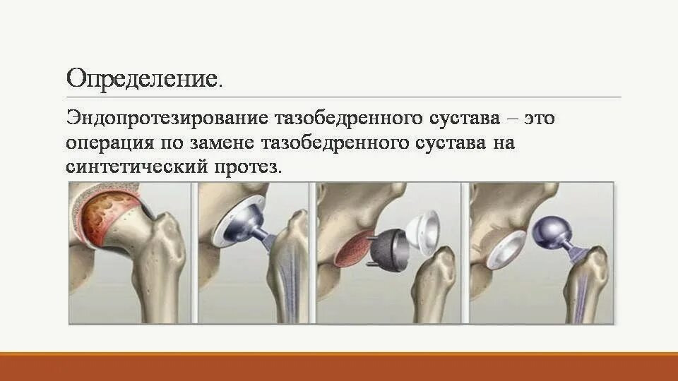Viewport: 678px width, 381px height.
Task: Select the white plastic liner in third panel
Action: click(x=428, y=231)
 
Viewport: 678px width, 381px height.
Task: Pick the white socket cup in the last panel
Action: click(x=504, y=251)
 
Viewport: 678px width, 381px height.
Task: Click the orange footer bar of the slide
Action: click(x=339, y=367)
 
